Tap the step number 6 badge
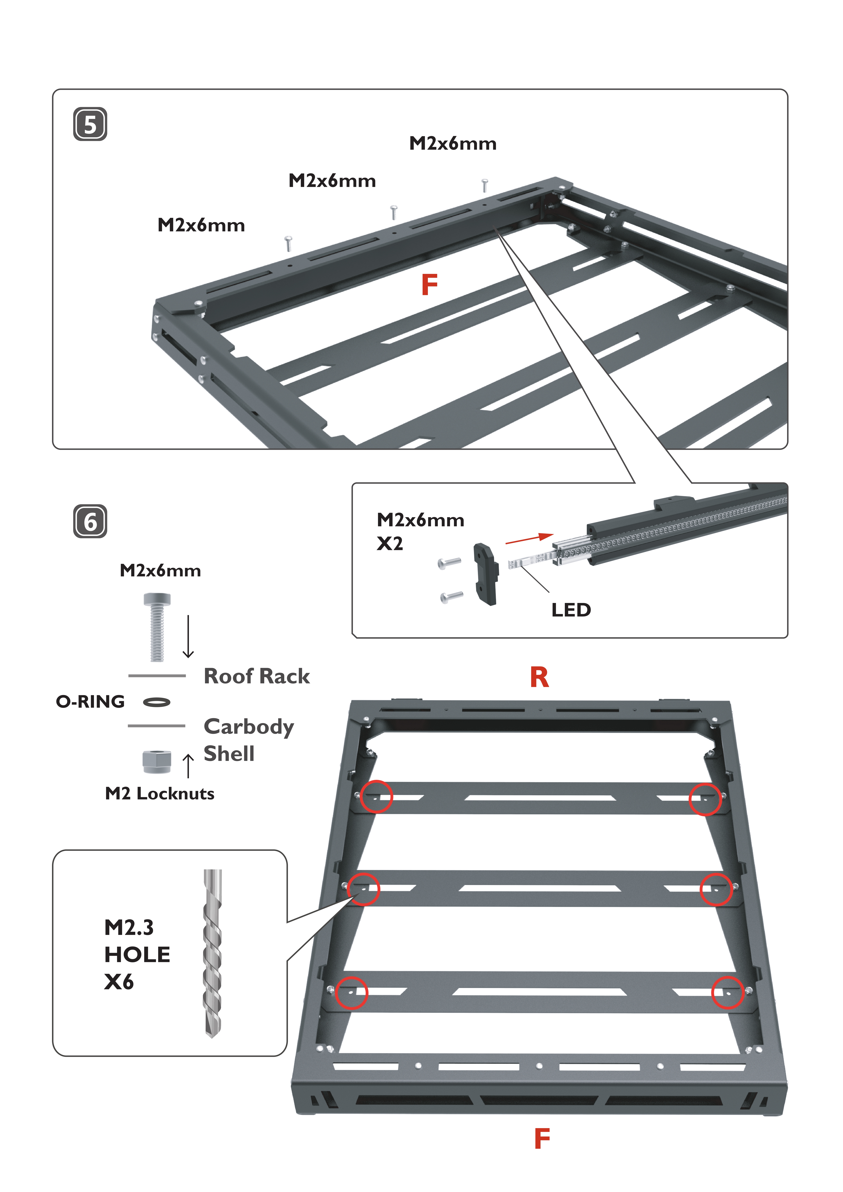[90, 521]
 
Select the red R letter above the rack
[539, 678]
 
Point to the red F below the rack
[542, 1139]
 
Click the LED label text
[571, 610]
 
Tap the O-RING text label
[90, 702]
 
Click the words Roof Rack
[257, 677]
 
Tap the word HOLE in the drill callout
[137, 955]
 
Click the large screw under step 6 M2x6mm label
[157, 627]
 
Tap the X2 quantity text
[390, 544]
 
